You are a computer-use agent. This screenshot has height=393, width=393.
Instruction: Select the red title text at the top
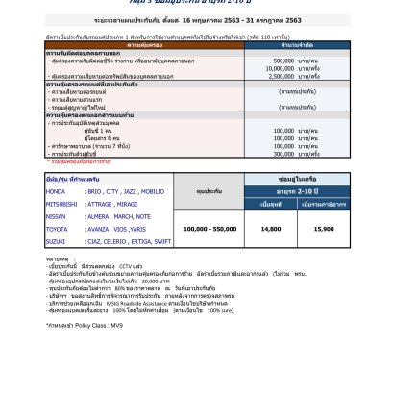[196, 4]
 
